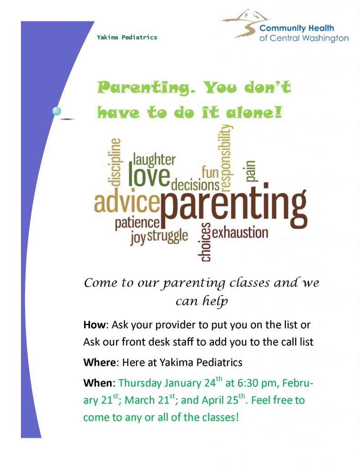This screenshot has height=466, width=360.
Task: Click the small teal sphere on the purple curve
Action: [x=56, y=111]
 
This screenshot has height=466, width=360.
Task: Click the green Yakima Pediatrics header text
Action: [x=127, y=37]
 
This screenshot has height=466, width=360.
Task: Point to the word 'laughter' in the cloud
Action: [x=154, y=160]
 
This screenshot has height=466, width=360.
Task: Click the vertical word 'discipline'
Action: [x=114, y=162]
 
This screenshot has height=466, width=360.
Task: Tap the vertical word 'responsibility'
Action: [x=226, y=157]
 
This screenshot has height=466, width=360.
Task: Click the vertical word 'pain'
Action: [x=251, y=171]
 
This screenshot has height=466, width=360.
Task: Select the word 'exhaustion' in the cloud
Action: [x=240, y=233]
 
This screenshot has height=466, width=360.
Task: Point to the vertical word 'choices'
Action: [x=205, y=242]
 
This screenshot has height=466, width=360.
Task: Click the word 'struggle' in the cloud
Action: [x=167, y=236]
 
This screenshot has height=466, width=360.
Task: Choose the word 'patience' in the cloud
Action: [x=137, y=223]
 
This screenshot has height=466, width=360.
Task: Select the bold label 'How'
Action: [x=95, y=324]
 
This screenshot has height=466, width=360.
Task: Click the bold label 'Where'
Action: [x=100, y=363]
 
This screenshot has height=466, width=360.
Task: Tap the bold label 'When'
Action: [x=97, y=383]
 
